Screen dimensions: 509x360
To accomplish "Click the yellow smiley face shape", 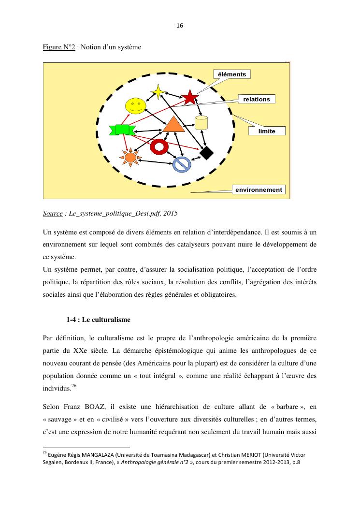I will (135, 106).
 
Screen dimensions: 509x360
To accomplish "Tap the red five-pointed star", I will (189, 98).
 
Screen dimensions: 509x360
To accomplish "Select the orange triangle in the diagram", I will (173, 125).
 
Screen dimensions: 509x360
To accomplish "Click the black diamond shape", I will (206, 153).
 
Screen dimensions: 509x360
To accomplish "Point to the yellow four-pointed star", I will (158, 92).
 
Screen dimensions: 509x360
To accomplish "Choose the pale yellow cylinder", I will (201, 124).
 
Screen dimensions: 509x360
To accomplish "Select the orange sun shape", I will (130, 157).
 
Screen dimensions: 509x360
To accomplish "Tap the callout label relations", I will (257, 99).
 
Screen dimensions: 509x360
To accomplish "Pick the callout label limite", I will (267, 131).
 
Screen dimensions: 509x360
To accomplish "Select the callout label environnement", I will (259, 189).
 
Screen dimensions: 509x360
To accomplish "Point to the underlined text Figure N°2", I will (58, 48).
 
